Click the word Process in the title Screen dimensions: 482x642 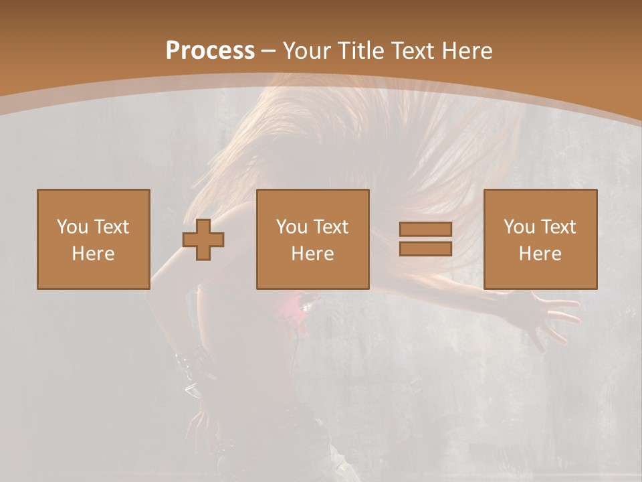[x=210, y=51]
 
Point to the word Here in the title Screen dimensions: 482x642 [x=467, y=51]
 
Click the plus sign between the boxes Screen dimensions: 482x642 [x=203, y=240]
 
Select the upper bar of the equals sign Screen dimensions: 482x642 [x=425, y=230]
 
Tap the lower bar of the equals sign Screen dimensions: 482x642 [x=425, y=248]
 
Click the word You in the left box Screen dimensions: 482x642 [x=72, y=227]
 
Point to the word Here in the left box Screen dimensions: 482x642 [x=93, y=254]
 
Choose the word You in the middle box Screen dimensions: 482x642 [x=291, y=227]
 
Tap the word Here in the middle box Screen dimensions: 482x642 [x=312, y=254]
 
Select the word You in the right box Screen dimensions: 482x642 [x=518, y=227]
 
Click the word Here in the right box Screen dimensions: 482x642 [x=540, y=254]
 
